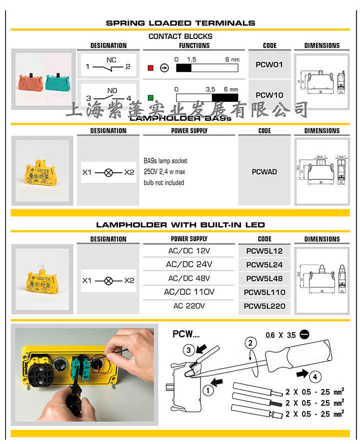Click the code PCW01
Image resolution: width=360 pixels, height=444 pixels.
click(x=269, y=64)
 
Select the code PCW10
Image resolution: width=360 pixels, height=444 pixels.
click(x=269, y=95)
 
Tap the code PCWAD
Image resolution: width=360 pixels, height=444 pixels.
click(x=264, y=172)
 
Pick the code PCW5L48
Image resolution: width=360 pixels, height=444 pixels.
click(x=264, y=279)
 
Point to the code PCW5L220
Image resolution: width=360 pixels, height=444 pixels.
click(x=264, y=306)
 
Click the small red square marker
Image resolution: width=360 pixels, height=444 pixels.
click(x=149, y=67)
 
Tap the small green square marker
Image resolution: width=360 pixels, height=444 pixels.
click(x=149, y=97)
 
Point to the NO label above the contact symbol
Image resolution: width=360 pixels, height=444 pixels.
click(x=112, y=91)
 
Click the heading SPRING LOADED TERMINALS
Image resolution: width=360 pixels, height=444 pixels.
click(x=180, y=23)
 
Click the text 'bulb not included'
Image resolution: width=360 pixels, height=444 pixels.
click(x=163, y=183)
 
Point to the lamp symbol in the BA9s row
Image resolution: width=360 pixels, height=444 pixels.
click(x=108, y=172)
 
